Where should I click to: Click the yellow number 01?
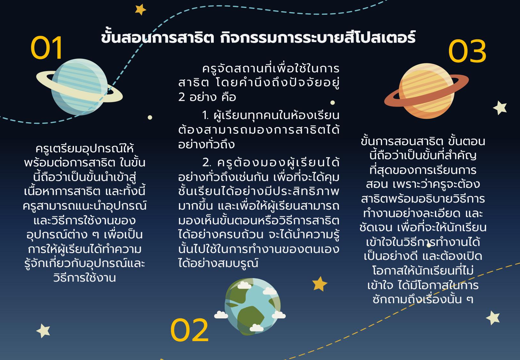click(46, 48)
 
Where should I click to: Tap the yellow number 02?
click(189, 330)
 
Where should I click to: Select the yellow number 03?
click(467, 51)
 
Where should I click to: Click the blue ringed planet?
click(79, 87)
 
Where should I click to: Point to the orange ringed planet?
click(427, 91)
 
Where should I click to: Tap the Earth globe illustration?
click(252, 307)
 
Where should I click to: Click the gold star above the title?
click(140, 10)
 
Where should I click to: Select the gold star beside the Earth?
click(320, 284)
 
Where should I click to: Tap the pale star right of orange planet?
click(500, 108)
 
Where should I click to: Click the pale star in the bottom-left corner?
click(43, 331)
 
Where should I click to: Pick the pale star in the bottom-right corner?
click(493, 318)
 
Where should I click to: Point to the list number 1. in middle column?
click(205, 116)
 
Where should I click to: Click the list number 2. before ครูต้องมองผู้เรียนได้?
click(207, 163)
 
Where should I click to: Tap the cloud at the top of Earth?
click(244, 285)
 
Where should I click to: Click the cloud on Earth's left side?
click(221, 315)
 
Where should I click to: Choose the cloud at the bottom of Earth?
click(257, 328)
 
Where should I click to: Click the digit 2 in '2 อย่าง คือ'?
click(181, 97)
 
